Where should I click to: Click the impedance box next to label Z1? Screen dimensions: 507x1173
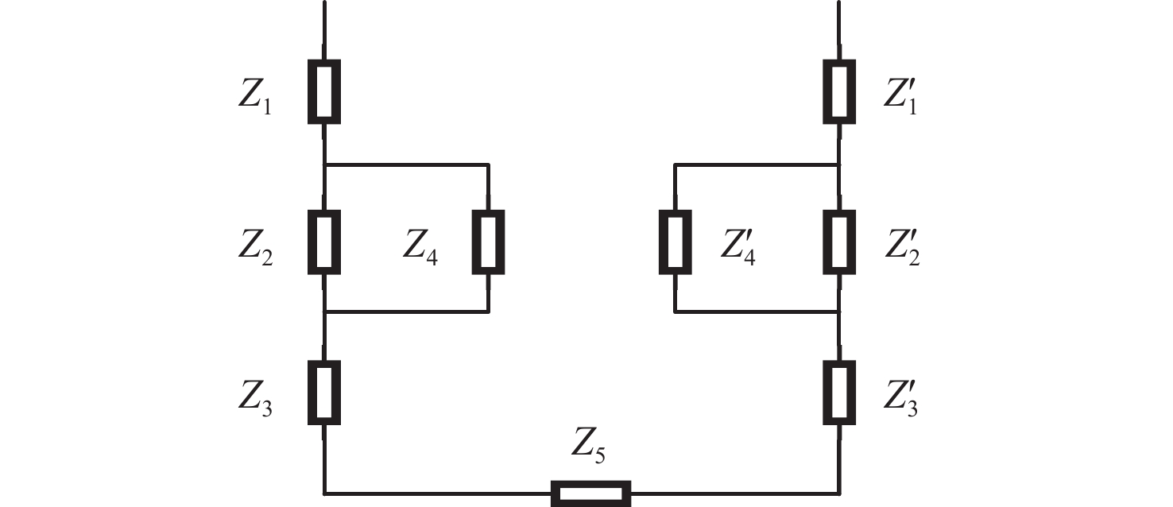[x=324, y=91]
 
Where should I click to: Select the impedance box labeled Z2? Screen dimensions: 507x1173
[x=324, y=242]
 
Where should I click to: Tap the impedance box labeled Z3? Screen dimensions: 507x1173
[x=324, y=392]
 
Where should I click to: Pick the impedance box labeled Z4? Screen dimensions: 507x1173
[x=488, y=242]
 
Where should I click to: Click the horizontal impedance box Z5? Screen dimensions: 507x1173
[x=591, y=493]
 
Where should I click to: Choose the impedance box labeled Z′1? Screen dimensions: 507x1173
[x=838, y=91]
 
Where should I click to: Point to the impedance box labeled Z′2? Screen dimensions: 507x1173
[x=838, y=242]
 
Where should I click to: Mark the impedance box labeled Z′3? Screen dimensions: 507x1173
[x=838, y=392]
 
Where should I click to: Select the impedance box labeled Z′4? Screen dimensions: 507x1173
[x=675, y=242]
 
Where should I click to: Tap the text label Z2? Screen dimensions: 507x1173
[x=255, y=248]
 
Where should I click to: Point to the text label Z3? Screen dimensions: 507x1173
[x=255, y=398]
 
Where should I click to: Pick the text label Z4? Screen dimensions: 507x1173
[x=420, y=248]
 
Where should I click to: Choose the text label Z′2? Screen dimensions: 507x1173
[x=901, y=248]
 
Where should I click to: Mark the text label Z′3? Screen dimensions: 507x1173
[x=901, y=398]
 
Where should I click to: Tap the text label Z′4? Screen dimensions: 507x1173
[x=738, y=248]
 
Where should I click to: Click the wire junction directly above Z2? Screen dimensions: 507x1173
[x=324, y=165]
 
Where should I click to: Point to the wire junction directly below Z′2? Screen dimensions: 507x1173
[x=838, y=312]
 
